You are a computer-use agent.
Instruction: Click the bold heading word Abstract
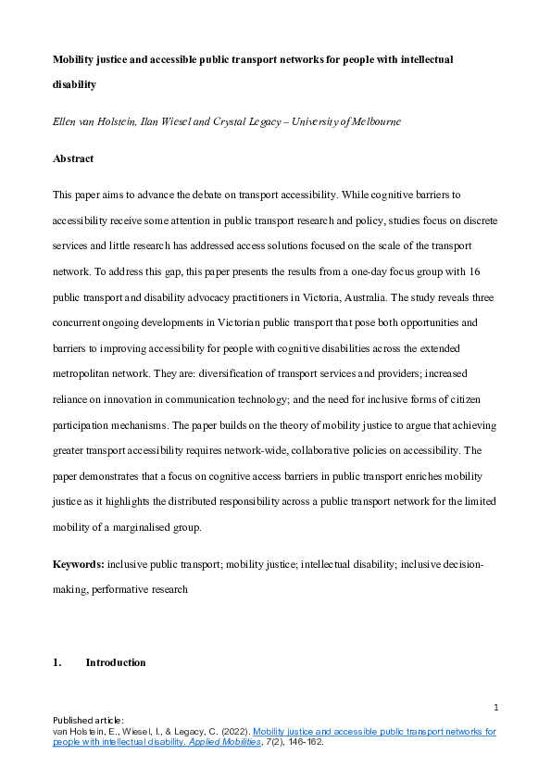(x=73, y=158)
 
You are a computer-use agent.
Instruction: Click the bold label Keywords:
(x=79, y=564)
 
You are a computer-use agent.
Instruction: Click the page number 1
(x=495, y=709)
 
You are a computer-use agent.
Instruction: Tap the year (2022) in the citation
(x=230, y=731)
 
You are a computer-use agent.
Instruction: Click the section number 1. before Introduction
(x=56, y=662)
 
